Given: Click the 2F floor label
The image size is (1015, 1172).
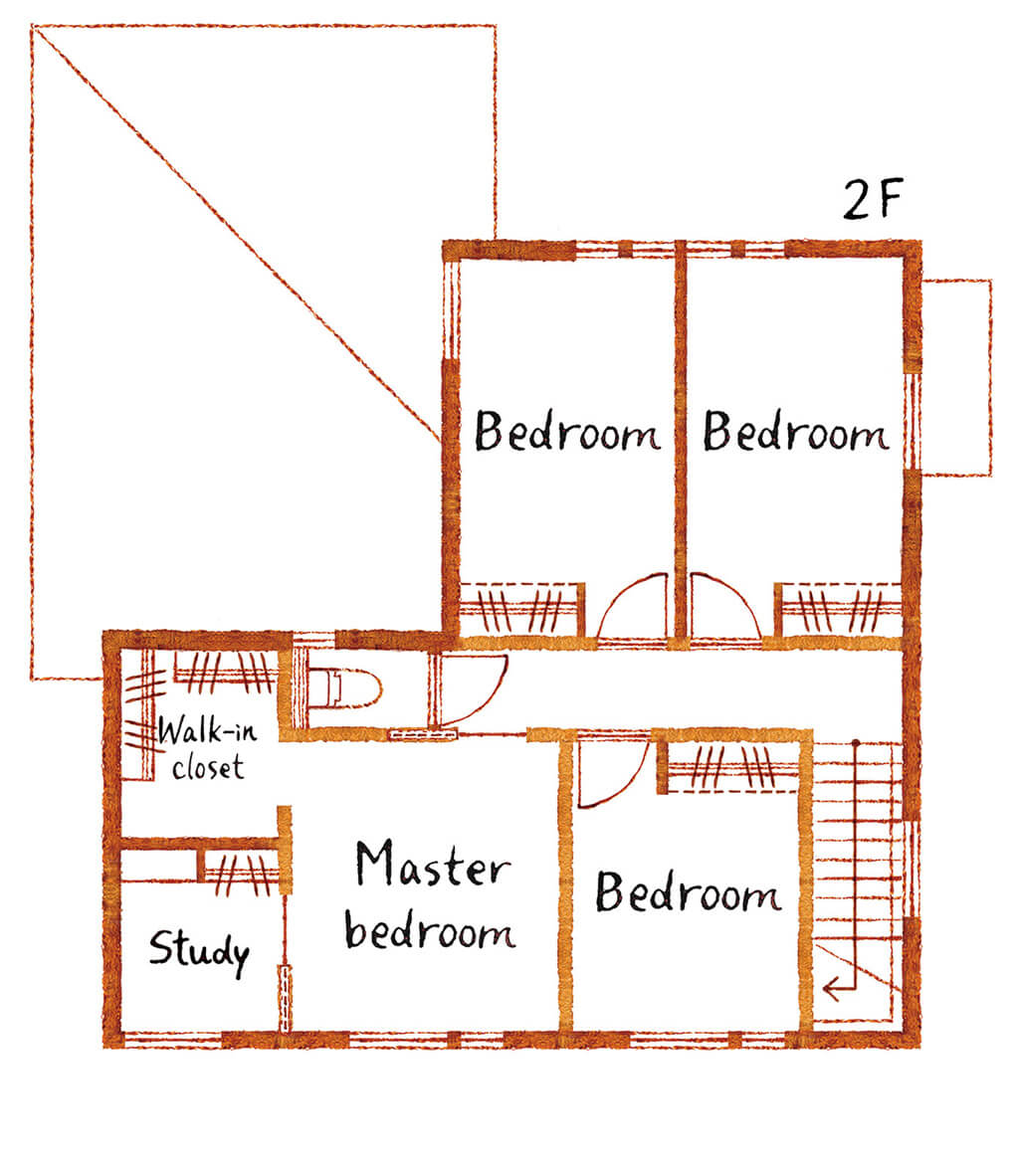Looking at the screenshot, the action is [873, 199].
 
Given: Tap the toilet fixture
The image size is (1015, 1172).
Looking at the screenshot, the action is [344, 688].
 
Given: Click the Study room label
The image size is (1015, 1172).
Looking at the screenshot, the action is [199, 950].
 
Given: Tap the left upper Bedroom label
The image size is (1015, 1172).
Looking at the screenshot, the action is [568, 431].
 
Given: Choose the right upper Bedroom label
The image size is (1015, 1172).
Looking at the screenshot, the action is [797, 431].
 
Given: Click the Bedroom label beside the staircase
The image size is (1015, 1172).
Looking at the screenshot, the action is [689, 892].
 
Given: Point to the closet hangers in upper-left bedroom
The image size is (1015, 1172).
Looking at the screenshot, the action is [520, 610].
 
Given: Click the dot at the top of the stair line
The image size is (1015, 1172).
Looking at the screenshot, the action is [856, 743].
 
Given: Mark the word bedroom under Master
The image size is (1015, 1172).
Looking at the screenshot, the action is [430, 929].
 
